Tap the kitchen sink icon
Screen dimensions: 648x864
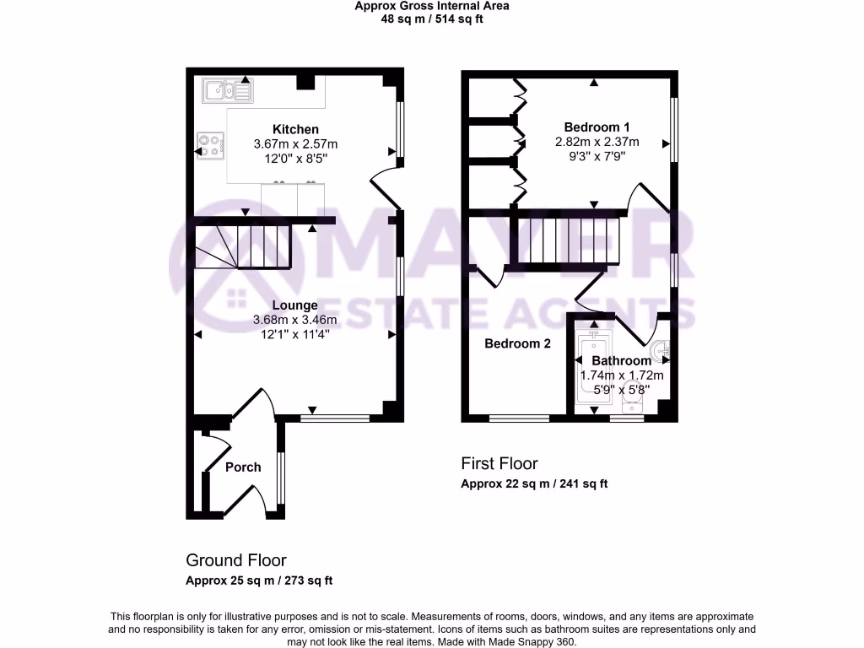[x=226, y=89]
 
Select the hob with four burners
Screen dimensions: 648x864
[x=208, y=145]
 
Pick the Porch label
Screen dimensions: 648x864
[x=243, y=467]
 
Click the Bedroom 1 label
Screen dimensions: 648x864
[x=597, y=127]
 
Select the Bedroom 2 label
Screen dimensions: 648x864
[x=517, y=343]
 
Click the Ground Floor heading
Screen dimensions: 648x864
[x=235, y=560]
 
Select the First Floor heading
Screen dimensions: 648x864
[x=499, y=463]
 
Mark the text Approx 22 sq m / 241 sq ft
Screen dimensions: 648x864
[x=533, y=484]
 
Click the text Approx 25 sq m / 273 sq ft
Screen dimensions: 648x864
[x=258, y=580]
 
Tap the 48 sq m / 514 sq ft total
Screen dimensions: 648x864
[x=431, y=19]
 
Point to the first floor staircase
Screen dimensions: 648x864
[x=569, y=240]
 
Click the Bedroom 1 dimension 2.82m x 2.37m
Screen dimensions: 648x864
[x=597, y=141]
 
